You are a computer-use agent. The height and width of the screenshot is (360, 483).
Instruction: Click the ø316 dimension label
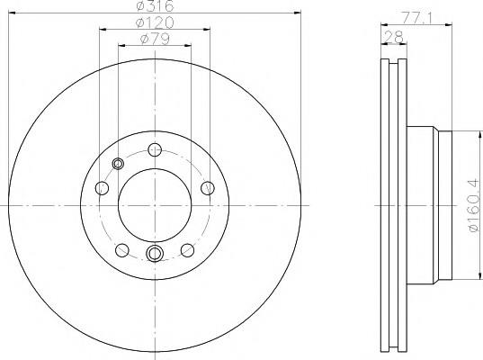(155, 6)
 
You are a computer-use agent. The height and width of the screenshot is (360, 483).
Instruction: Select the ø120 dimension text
(155, 22)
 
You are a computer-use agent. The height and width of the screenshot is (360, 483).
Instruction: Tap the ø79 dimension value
(155, 39)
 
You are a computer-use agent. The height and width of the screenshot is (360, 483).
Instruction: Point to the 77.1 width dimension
(416, 18)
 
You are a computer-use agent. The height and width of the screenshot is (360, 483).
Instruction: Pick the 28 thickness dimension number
(394, 38)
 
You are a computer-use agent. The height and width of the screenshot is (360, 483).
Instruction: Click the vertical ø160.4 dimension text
(474, 205)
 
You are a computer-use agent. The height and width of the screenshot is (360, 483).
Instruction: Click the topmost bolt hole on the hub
(155, 149)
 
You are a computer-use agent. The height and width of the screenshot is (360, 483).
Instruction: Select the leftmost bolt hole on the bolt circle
(102, 188)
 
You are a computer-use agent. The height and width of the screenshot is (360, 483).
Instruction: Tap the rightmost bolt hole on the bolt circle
(208, 188)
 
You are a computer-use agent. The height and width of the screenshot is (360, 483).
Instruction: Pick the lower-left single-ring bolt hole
(122, 250)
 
